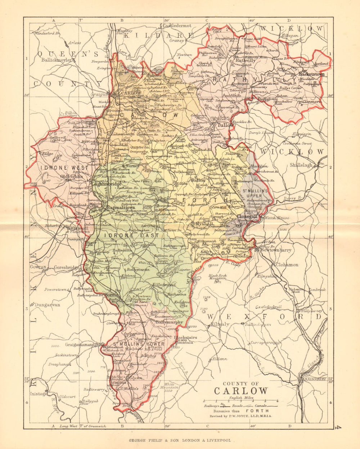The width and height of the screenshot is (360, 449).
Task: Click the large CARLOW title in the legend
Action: (241, 391)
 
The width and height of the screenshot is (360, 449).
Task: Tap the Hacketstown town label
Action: (311, 74)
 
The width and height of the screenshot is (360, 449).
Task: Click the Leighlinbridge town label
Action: (106, 183)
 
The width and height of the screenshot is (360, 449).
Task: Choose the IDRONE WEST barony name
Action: (64, 168)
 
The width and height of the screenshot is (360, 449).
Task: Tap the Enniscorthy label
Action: (313, 379)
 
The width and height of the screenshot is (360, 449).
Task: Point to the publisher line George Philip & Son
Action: (180, 440)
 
